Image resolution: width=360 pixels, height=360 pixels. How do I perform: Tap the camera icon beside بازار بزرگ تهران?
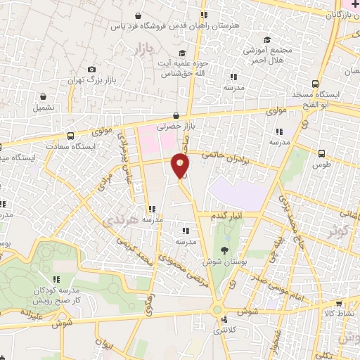[91, 69]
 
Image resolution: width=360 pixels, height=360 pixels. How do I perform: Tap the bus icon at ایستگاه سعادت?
[70, 136]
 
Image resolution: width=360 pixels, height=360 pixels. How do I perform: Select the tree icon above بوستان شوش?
[224, 249]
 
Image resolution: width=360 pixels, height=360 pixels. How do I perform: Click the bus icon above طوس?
[322, 153]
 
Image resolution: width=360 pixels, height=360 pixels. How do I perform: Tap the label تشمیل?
[41, 108]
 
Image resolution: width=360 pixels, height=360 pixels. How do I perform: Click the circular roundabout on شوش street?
[218, 309]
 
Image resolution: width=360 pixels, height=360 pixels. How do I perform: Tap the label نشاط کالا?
[338, 311]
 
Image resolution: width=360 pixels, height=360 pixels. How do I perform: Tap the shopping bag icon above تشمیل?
[44, 96]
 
